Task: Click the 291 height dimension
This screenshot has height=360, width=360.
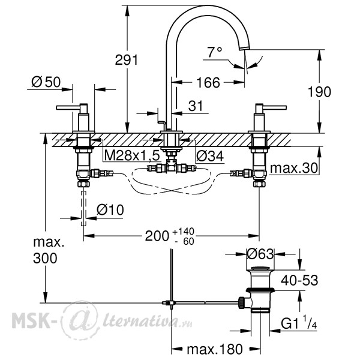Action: [x=127, y=60]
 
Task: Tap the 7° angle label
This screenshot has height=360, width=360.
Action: [x=215, y=52]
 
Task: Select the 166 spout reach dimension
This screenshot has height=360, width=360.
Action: [x=208, y=82]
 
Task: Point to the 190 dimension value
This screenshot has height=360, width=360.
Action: [x=319, y=92]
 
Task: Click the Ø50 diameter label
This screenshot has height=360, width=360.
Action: [x=46, y=82]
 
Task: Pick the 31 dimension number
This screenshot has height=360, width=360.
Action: [x=196, y=106]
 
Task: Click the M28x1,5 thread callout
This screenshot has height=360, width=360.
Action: [x=132, y=155]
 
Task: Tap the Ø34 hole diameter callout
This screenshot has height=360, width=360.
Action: [x=210, y=157]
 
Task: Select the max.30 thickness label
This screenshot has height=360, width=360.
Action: [x=294, y=168]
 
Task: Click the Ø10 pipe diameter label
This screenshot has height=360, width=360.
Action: [x=110, y=209]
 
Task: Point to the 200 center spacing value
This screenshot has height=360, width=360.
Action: [x=157, y=236]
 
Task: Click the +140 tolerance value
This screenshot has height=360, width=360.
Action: [x=184, y=231]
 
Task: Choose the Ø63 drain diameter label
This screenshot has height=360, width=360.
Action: [x=260, y=254]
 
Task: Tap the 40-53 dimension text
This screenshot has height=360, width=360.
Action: [x=299, y=280]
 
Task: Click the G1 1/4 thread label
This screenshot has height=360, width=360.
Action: [x=299, y=323]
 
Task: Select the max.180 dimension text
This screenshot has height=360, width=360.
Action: [x=215, y=349]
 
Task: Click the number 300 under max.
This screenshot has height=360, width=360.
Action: [x=45, y=258]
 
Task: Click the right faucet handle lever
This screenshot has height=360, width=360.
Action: [x=275, y=107]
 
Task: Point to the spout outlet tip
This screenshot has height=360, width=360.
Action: [x=244, y=48]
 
